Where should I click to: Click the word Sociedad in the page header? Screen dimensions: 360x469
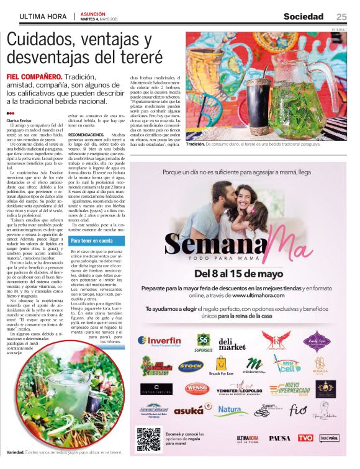pos(304,16)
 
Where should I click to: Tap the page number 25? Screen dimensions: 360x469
pos(341,16)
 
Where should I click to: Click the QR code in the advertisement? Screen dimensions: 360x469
pos(149,439)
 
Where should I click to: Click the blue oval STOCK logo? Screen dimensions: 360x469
pos(191,366)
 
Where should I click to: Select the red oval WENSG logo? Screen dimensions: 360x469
pos(197,388)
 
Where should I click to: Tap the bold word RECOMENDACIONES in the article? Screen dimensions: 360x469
pos(86,134)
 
